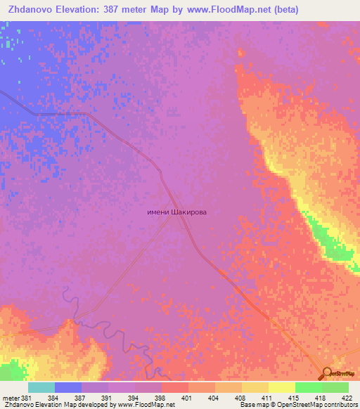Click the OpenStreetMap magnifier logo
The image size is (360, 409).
click(328, 373)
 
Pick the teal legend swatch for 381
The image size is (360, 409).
click(41, 387)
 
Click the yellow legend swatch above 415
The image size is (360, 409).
click(281, 387)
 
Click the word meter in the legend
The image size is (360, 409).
click(12, 398)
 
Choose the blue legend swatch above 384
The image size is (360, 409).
click(68, 387)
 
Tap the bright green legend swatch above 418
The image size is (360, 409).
click(308, 387)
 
